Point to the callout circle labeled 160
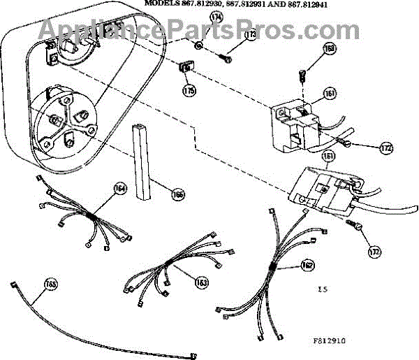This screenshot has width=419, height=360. pyautogui.click(x=330, y=50)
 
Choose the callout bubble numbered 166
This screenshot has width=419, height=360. pyautogui.click(x=179, y=194)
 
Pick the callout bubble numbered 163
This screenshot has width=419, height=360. pyautogui.click(x=202, y=283)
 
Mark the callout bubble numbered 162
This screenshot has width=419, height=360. pyautogui.click(x=307, y=265)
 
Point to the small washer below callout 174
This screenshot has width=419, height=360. pyautogui.click(x=198, y=46)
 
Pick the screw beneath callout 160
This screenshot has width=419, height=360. pyautogui.click(x=302, y=72)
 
